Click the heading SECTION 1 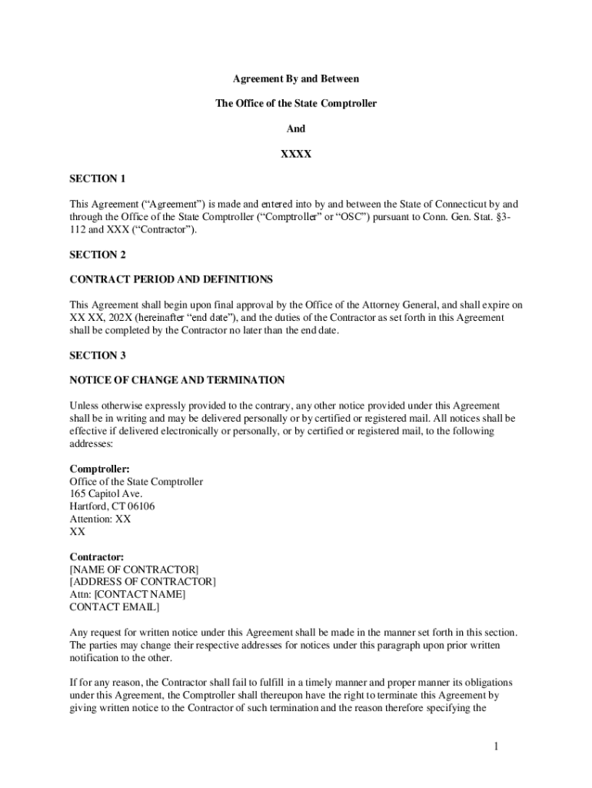98,179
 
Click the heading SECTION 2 98,254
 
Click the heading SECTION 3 98,356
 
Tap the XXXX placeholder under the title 296,154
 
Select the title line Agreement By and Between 296,78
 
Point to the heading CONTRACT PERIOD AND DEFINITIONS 171,279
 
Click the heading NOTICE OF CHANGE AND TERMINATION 178,380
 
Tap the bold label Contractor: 97,556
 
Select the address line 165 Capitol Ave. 106,494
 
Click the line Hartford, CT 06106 112,506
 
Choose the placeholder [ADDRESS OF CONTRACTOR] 143,582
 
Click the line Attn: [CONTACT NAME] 128,594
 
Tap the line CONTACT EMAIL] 115,606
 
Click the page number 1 497,746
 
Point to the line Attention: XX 101,519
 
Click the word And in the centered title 296,129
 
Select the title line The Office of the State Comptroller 296,103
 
